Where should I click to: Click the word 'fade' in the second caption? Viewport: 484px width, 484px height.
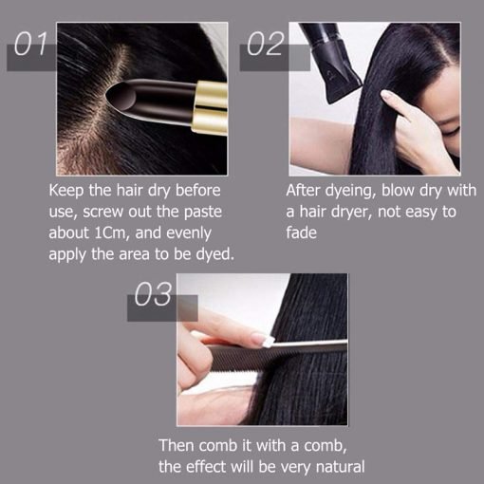[x=304, y=232]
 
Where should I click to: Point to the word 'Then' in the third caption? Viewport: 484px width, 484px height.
[x=178, y=446]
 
